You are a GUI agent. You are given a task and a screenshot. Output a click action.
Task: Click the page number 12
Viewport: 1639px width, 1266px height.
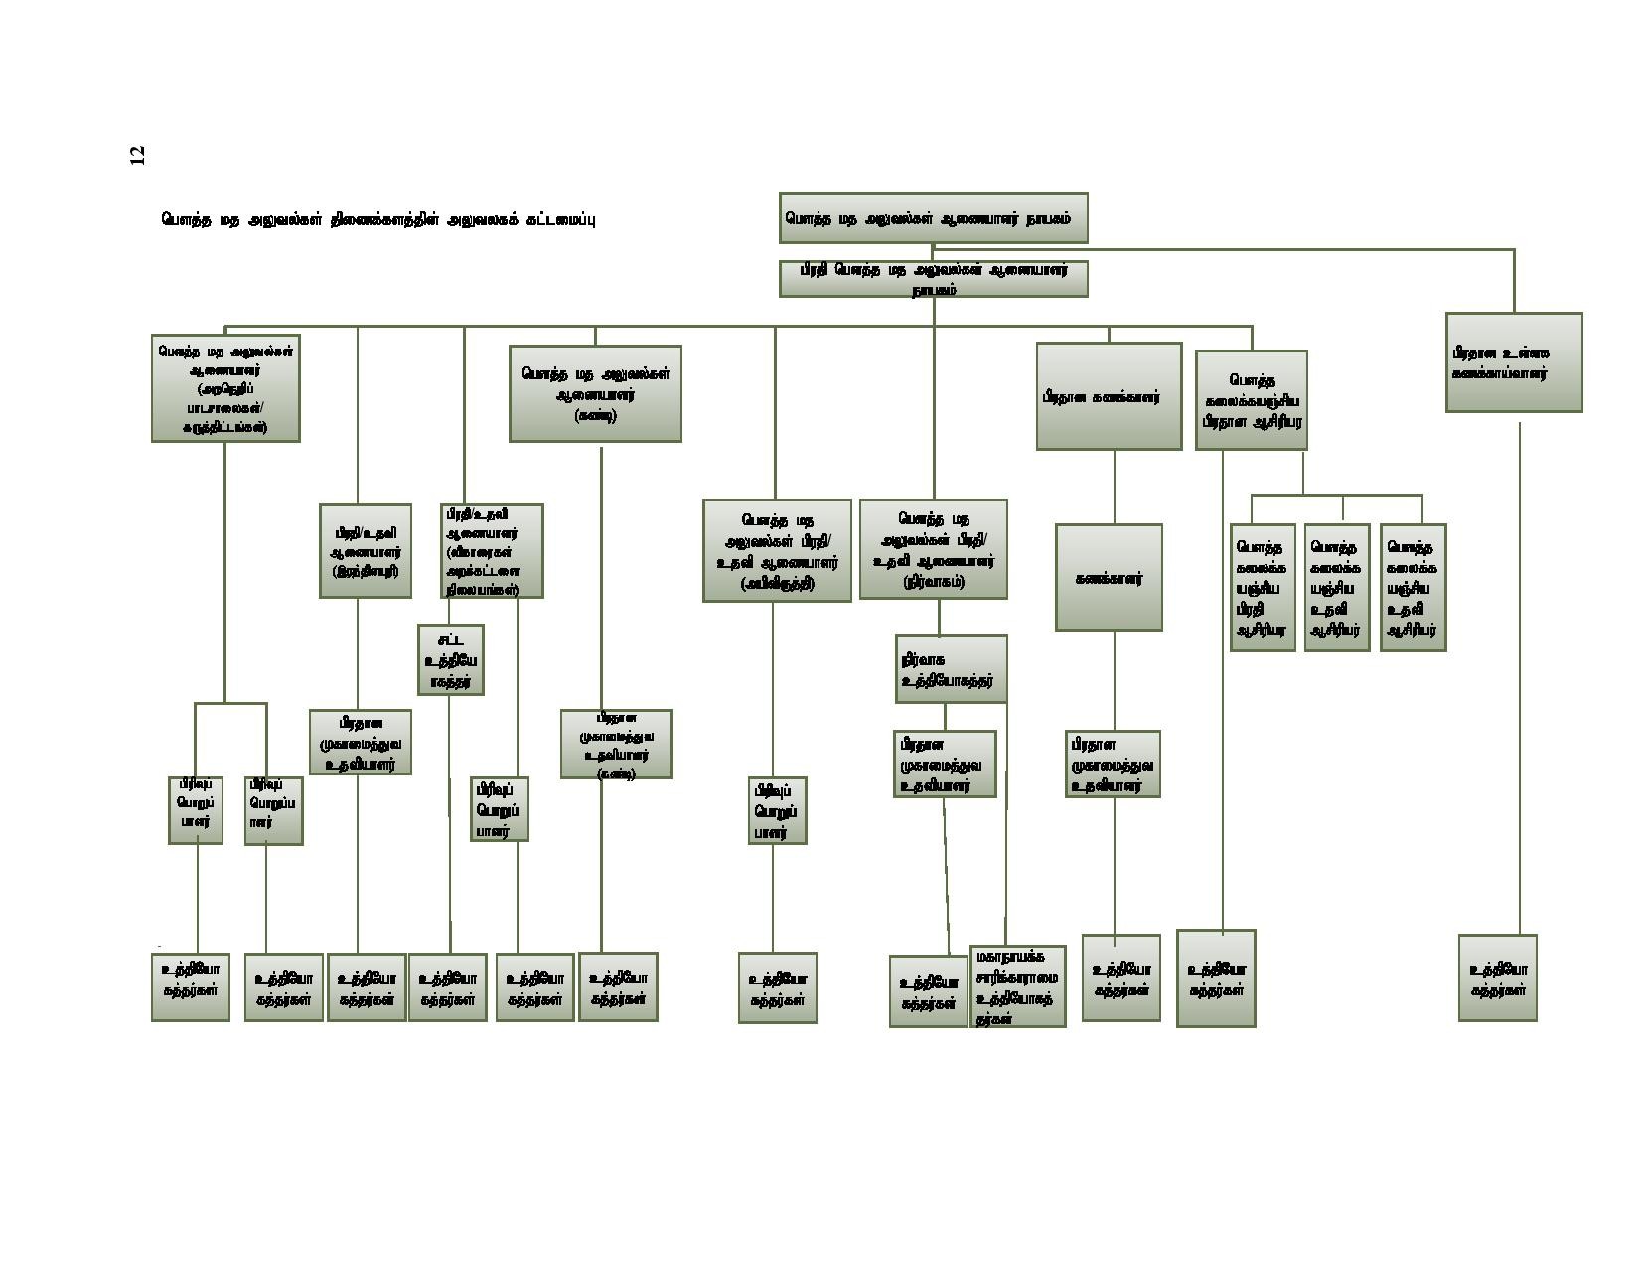point(137,155)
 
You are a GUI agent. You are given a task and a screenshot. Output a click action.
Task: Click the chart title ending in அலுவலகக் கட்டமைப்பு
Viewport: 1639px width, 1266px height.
point(377,219)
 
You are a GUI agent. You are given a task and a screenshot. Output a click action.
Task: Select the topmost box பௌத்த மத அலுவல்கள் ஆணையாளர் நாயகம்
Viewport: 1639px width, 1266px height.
point(933,218)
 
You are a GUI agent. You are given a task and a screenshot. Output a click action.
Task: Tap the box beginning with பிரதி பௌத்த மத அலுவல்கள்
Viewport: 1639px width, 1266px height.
point(933,279)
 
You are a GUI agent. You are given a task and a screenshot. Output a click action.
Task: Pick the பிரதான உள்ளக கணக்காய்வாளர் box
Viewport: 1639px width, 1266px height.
point(1513,362)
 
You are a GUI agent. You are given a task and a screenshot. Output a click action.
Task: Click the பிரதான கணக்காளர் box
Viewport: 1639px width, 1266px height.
point(1109,396)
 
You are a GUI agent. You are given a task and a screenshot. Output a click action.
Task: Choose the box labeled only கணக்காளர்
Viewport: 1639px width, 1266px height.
point(1109,578)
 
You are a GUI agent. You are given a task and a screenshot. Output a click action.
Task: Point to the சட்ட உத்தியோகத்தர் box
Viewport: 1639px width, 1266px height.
point(451,660)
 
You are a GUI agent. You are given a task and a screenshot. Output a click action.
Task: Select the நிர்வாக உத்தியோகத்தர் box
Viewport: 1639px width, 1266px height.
point(951,669)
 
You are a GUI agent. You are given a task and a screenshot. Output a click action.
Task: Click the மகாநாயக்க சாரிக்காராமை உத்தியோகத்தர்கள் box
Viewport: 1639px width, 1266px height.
point(1017,986)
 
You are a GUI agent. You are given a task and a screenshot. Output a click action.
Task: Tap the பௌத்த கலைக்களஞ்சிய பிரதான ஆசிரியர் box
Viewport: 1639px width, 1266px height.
point(1251,400)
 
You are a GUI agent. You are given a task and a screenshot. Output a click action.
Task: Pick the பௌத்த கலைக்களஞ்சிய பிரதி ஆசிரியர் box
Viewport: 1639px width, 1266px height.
point(1263,588)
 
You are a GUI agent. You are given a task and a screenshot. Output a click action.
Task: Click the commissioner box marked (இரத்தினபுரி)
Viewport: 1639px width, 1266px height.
point(366,551)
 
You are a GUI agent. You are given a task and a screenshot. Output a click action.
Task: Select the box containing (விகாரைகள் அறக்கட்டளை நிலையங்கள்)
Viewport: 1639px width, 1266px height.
point(492,551)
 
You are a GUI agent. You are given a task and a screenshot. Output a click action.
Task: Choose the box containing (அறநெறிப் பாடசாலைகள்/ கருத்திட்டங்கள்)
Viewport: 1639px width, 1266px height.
point(225,388)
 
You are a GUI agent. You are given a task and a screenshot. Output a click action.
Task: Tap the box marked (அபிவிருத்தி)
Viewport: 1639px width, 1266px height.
point(777,550)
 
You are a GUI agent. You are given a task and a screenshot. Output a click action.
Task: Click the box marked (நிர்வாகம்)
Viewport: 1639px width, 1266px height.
point(933,549)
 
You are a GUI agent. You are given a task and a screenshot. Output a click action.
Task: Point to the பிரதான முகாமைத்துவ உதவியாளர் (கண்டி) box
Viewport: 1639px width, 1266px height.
point(616,744)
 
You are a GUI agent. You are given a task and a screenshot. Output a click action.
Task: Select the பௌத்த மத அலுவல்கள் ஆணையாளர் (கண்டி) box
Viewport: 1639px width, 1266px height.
point(595,393)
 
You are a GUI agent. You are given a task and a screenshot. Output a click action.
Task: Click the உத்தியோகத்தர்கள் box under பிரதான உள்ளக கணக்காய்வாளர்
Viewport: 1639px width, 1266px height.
point(1497,978)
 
